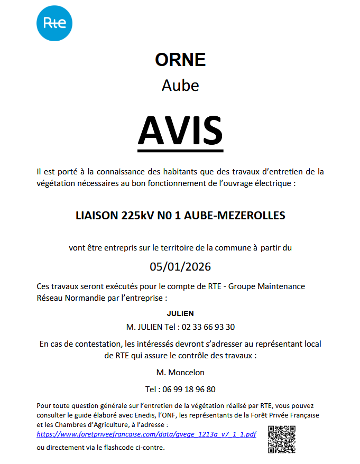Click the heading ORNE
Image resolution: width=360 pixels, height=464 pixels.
pyautogui.click(x=180, y=60)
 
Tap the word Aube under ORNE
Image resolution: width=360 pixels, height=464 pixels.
pyautogui.click(x=180, y=85)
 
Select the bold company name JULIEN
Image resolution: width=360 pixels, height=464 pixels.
pyautogui.click(x=180, y=313)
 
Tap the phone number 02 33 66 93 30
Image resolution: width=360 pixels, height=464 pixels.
pyautogui.click(x=208, y=327)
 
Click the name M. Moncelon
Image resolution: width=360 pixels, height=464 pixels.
pyautogui.click(x=180, y=373)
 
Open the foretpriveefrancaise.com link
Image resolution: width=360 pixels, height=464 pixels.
pyautogui.click(x=146, y=434)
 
